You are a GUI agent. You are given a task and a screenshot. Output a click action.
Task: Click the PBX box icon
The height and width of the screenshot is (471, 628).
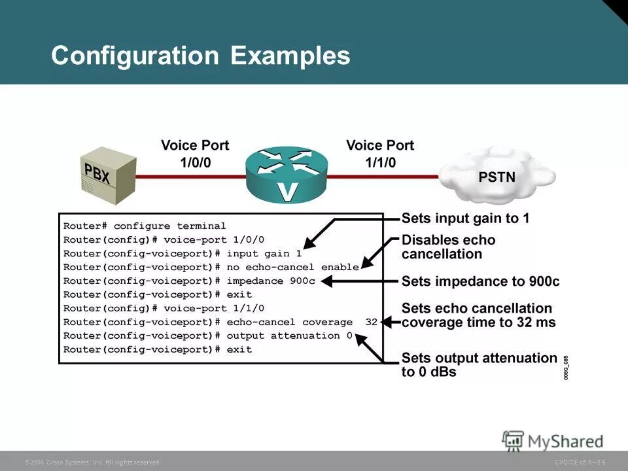click(x=107, y=172)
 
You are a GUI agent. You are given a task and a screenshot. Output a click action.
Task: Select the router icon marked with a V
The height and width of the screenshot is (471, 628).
click(x=286, y=175)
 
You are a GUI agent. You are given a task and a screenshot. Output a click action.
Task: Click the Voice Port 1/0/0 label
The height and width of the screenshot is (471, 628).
click(x=195, y=153)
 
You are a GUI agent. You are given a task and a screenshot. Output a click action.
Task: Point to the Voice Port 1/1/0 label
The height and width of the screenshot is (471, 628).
click(x=379, y=153)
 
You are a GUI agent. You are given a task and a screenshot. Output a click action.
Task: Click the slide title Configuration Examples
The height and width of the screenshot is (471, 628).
click(x=200, y=56)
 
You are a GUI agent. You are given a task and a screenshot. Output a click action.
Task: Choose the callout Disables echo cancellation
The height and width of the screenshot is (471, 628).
click(x=448, y=247)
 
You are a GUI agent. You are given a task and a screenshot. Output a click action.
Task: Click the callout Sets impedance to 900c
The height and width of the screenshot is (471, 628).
click(x=480, y=282)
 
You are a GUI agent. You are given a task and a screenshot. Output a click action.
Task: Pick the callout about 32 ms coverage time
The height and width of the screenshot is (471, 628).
click(x=478, y=315)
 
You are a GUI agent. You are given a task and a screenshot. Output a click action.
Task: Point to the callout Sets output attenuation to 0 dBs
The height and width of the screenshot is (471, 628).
click(x=479, y=365)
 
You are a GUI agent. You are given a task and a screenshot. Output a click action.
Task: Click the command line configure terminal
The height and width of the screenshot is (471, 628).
click(x=145, y=226)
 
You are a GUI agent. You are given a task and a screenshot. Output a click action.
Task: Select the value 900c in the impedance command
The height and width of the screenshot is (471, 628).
click(x=302, y=281)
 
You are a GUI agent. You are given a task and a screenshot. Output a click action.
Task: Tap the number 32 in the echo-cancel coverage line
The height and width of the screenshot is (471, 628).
click(x=372, y=322)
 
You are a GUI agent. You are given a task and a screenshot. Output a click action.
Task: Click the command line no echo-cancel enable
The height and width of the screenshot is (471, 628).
click(x=211, y=267)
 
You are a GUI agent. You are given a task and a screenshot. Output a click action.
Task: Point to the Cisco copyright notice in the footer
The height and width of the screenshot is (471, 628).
click(x=92, y=462)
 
